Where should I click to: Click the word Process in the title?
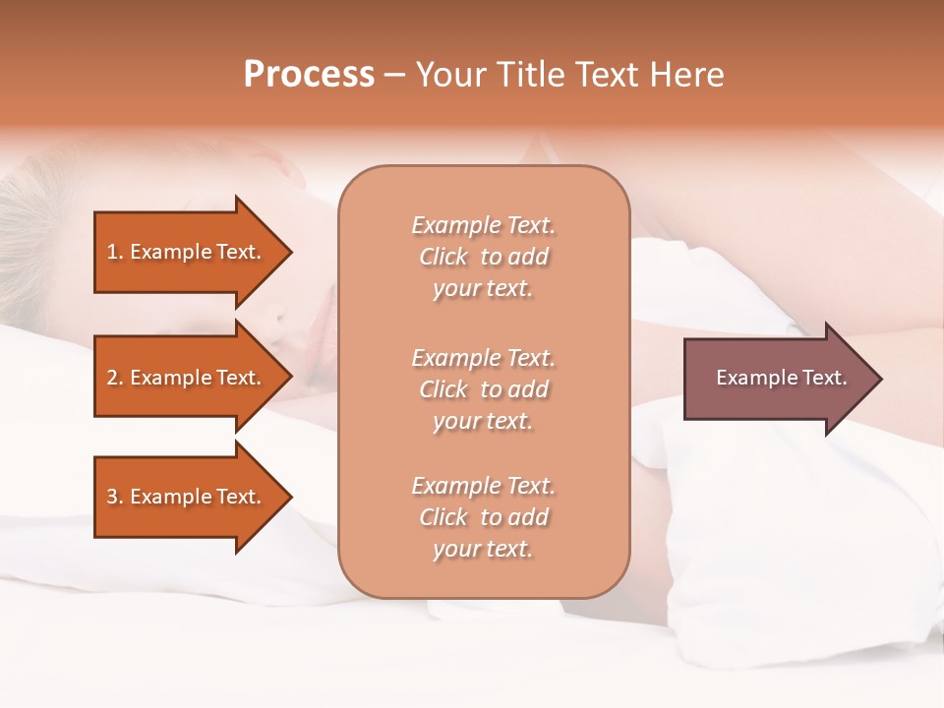tap(309, 75)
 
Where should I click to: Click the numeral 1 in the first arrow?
tap(112, 252)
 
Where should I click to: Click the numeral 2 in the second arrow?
tap(112, 378)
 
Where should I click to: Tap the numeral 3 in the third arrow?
tap(112, 497)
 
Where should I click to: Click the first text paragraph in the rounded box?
tap(483, 257)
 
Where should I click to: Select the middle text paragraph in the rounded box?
tap(483, 388)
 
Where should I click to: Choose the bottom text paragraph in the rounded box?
tap(483, 517)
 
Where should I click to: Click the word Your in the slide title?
tap(452, 75)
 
